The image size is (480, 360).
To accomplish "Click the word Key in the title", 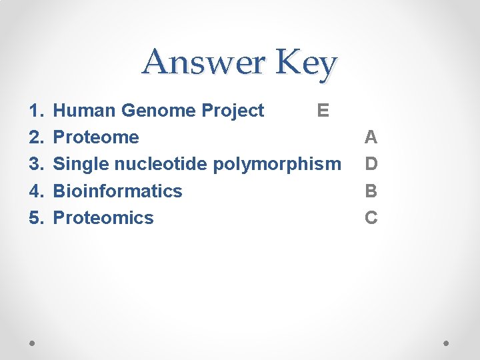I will coord(306,64).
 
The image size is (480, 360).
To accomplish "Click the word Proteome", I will coord(96,137).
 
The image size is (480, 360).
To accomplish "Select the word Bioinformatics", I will coord(117,191).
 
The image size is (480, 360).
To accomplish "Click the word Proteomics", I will coord(103,217).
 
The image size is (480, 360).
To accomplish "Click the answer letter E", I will coord(323,111).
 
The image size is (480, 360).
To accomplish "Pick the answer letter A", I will coord(371,137).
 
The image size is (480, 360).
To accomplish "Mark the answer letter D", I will coord(371,164).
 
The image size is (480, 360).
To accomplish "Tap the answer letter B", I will coord(371,191).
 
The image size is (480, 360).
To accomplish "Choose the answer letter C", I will coord(371,217).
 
